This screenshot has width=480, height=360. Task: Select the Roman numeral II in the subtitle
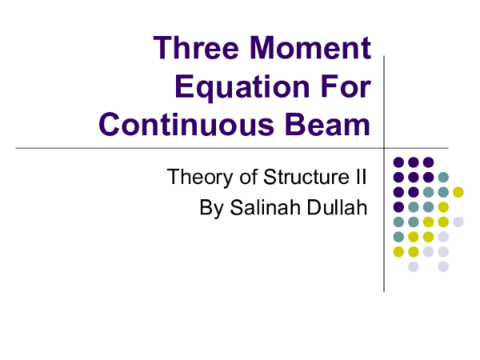coord(360,177)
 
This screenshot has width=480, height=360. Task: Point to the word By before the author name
coord(210,209)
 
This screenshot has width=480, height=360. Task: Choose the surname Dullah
coord(337,209)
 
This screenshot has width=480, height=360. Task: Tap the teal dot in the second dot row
coord(443,177)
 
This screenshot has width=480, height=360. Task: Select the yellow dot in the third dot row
coord(458,192)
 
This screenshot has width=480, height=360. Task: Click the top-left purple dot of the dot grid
coord(398,162)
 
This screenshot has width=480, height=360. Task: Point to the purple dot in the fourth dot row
coord(398,206)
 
